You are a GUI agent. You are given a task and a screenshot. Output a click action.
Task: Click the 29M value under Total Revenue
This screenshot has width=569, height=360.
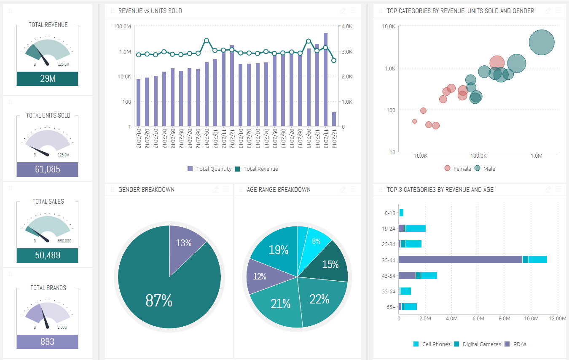tap(47, 79)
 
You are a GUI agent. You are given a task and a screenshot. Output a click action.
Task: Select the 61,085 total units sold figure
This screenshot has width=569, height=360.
tap(47, 169)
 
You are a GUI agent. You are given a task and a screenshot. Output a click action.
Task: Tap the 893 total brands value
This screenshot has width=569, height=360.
tap(47, 341)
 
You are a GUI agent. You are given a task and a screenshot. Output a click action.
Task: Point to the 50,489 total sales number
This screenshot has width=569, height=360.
tap(47, 255)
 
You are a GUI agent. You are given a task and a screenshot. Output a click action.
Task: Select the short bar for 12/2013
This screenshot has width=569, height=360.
tap(334, 119)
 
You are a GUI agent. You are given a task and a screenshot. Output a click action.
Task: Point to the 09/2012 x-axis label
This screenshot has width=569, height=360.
tap(207, 138)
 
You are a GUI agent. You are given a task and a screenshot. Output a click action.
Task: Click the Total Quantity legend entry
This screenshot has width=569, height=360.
tap(209, 169)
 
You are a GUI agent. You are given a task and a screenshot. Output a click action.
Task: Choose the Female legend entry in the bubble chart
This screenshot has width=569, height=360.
tap(458, 169)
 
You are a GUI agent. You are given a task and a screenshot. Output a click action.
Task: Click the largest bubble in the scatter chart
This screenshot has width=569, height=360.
tap(542, 42)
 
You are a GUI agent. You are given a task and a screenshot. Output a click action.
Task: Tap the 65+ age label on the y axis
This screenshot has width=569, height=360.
tap(391, 307)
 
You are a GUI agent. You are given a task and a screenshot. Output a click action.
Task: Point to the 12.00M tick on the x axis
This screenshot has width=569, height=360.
tap(558, 319)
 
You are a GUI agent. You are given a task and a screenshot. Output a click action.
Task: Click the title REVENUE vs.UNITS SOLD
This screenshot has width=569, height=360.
tap(150, 11)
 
